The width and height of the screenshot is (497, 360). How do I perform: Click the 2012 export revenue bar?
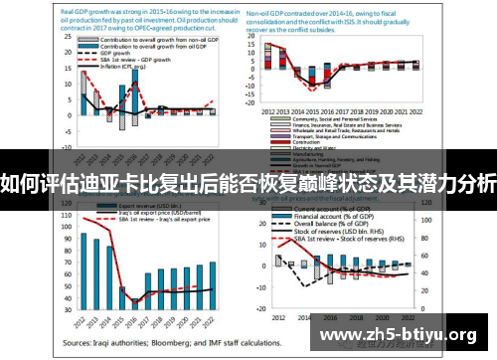point(84,270)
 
